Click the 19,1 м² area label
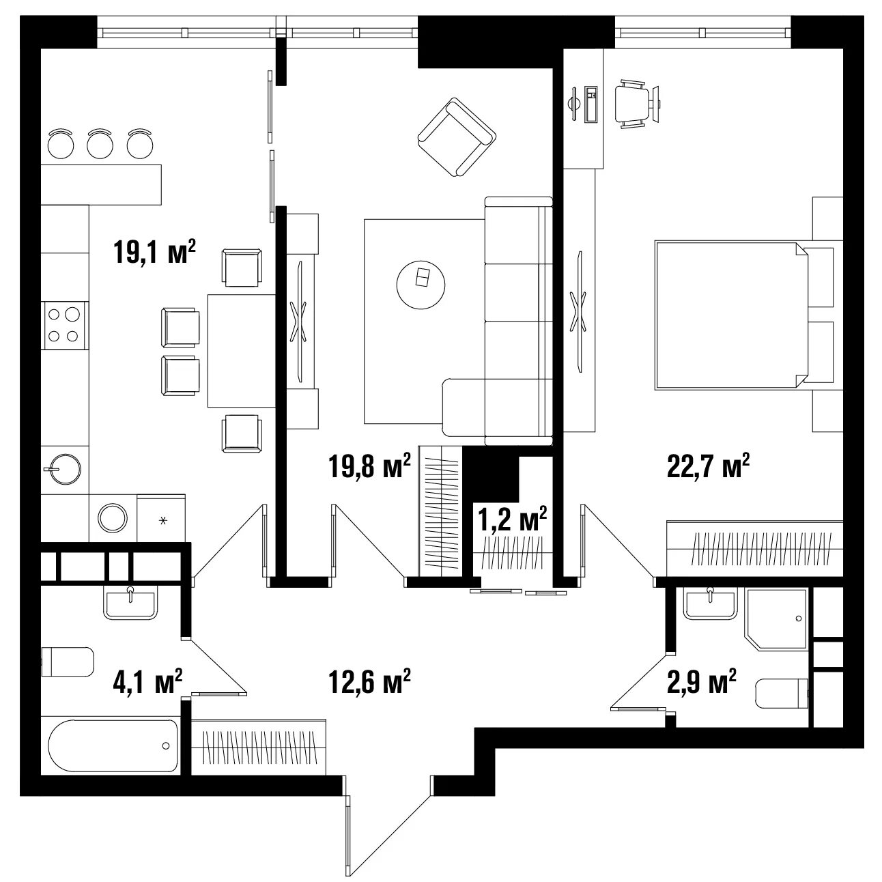[155, 252]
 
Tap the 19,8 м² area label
[369, 466]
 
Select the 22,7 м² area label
[708, 466]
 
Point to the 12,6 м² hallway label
[369, 681]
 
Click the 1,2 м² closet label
[512, 519]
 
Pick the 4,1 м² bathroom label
[148, 681]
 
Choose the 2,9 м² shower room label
[702, 681]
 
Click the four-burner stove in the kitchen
[65, 326]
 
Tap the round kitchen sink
[65, 469]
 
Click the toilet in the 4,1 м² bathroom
[68, 661]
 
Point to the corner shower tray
[776, 618]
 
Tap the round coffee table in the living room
[421, 285]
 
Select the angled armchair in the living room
[457, 137]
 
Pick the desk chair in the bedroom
[631, 104]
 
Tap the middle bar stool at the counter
[100, 143]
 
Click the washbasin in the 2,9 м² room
[710, 603]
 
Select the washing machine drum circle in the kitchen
[113, 518]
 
